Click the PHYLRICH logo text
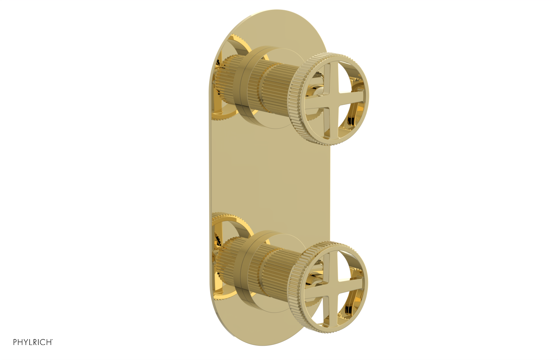[x=33, y=342]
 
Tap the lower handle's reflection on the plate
[x=223, y=258]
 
